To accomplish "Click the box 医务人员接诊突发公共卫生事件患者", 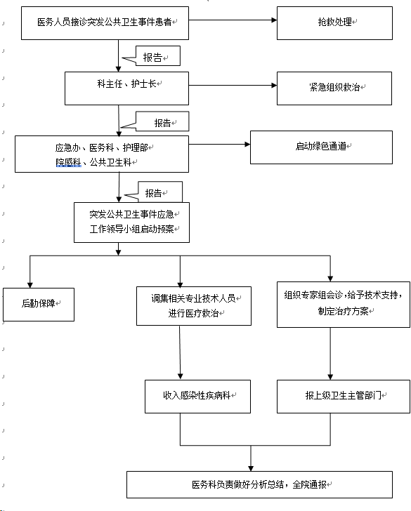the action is point(105,23).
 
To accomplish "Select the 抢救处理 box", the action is point(334,23).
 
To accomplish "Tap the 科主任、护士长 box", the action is point(127,88).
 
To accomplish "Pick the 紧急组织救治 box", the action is point(334,88).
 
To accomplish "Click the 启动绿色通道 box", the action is point(321,147).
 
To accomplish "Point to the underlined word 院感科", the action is point(68,162).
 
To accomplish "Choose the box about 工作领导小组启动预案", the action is point(132,223).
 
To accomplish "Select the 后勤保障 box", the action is point(39,305).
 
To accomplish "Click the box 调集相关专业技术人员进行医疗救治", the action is point(194,306).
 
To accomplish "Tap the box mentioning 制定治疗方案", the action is point(344,305).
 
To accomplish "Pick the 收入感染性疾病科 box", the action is point(197,397).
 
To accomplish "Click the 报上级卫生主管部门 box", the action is point(344,397).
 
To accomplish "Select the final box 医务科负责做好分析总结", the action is point(260,484).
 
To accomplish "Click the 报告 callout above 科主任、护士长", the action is point(158,56).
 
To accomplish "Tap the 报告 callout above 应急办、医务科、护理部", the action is point(162,121).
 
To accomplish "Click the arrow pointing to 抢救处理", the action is point(233,20).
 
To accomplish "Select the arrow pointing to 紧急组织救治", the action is point(233,86).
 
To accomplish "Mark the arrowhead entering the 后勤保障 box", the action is point(30,285).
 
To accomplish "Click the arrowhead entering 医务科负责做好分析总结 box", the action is point(251,468).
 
